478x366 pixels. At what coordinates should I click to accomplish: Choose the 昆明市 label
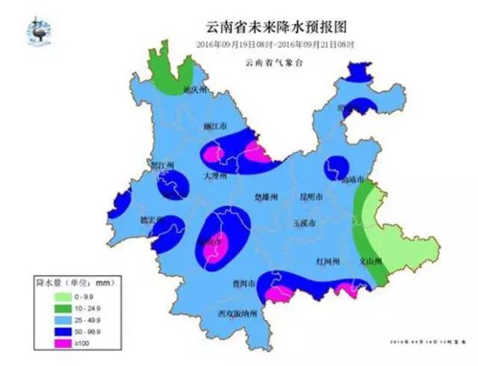click(311, 197)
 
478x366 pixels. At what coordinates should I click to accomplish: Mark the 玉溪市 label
click(304, 223)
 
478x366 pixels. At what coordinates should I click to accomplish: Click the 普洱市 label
click(244, 285)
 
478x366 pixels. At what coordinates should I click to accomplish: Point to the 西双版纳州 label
click(236, 314)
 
